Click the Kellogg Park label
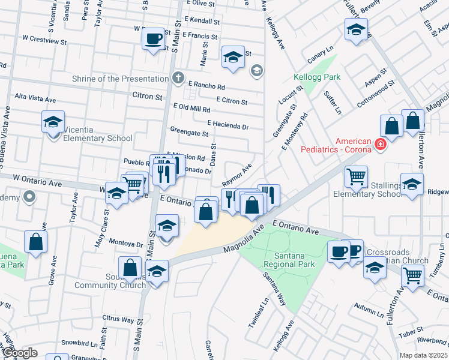coord(317,77)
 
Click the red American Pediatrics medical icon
coord(379,144)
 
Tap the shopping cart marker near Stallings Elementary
coord(357,177)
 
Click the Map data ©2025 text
coord(424,355)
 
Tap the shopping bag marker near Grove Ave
coord(36,242)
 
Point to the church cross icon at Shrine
coord(177,78)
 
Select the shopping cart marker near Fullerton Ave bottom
coord(412,276)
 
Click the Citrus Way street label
coord(118,319)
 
